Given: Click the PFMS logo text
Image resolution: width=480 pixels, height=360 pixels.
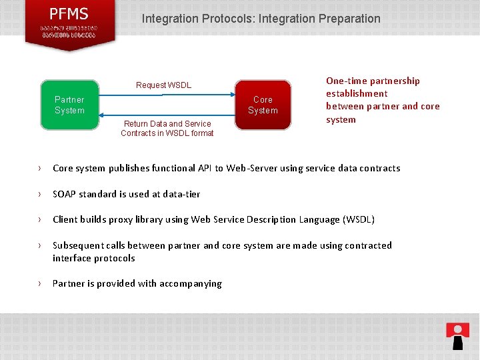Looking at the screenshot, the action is pos(69,13).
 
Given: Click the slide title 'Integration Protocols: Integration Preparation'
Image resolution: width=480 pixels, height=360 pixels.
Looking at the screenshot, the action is pos(261,19).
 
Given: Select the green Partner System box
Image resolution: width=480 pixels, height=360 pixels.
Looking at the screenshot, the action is pos(69,105).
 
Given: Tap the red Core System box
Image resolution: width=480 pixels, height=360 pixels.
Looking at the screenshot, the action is pos(263,105).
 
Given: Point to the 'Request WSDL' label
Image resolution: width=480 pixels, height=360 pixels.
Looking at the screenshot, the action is pos(163,85).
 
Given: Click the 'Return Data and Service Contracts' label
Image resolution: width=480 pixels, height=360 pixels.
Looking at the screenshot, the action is pos(167,129).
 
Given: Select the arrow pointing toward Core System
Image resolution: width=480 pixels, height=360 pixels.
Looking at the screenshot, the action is pos(167,94).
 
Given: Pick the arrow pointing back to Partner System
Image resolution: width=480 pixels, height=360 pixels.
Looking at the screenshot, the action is pos(167,115).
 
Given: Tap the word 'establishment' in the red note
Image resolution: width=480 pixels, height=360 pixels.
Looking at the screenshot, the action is pos(357,94).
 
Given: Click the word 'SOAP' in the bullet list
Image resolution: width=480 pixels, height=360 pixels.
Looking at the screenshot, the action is pos(65,194).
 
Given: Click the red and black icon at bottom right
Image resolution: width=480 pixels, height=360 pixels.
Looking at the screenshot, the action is pos(457,335).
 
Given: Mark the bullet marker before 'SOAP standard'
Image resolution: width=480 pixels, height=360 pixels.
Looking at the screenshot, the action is pos(41,194).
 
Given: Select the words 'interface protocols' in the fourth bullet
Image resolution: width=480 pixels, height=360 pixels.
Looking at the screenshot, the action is pos(93,258).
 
